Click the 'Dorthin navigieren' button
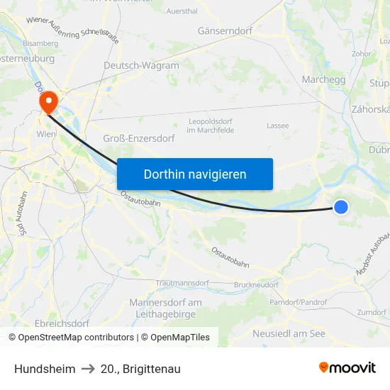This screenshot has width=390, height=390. pyautogui.click(x=195, y=174)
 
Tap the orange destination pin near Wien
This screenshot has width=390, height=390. pyautogui.click(x=49, y=102)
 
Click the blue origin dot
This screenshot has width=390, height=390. pyautogui.click(x=341, y=206)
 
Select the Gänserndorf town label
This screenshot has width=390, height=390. pyautogui.click(x=225, y=32)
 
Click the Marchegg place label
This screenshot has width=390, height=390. pyautogui.click(x=323, y=80)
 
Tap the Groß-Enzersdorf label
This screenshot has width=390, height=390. pyautogui.click(x=139, y=138)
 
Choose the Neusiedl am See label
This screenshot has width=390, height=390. pyautogui.click(x=289, y=333)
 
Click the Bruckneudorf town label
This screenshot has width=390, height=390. pyautogui.click(x=256, y=284)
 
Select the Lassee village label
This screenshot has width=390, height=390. pyautogui.click(x=277, y=126)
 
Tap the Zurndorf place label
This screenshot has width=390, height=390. pyautogui.click(x=372, y=311)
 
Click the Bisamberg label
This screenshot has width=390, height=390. pyautogui.click(x=40, y=43)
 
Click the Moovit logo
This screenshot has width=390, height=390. pyautogui.click(x=347, y=367)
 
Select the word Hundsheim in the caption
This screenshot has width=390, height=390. pyautogui.click(x=45, y=369)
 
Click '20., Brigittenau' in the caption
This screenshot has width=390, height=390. pyautogui.click(x=140, y=369)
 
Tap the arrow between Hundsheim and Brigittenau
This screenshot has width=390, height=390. pyautogui.click(x=88, y=369)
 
